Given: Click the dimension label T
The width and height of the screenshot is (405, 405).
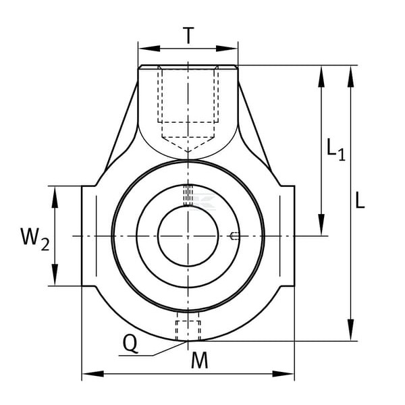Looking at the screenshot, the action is [x=188, y=36].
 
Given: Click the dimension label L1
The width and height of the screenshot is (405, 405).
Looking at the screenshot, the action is [x=335, y=150].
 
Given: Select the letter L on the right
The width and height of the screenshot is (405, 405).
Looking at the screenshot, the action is [x=360, y=200].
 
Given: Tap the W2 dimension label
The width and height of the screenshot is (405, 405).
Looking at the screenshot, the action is [x=34, y=238].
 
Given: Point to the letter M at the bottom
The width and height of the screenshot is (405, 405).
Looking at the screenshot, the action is [x=199, y=360].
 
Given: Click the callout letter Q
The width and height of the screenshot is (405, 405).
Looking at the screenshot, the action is [x=130, y=344].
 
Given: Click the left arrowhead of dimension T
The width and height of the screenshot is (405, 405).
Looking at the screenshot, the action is [x=149, y=49].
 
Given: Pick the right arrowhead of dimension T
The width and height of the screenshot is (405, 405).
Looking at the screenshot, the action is [x=227, y=49].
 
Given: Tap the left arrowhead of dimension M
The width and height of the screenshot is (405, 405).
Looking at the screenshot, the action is [x=93, y=373].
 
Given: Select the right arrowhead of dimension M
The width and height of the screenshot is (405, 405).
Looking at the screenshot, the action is [x=283, y=373].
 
